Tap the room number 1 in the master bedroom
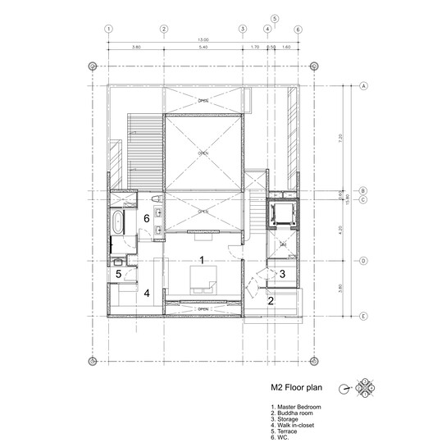click(x=201, y=261)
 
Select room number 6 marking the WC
click(x=146, y=219)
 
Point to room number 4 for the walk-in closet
click(x=148, y=293)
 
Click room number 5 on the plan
click(x=118, y=274)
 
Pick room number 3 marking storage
click(x=282, y=274)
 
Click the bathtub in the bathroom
click(x=119, y=222)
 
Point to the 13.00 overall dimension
click(x=203, y=39)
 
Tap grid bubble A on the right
click(x=362, y=85)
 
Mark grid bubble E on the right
click(x=362, y=315)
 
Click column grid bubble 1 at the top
click(x=107, y=29)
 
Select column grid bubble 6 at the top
click(x=298, y=29)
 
